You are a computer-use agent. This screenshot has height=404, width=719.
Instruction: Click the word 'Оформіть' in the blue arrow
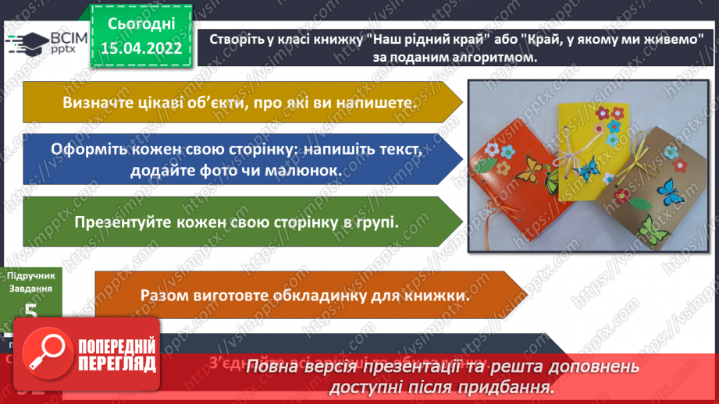click(84, 149)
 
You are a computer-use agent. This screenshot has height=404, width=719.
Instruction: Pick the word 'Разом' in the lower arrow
click(162, 296)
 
